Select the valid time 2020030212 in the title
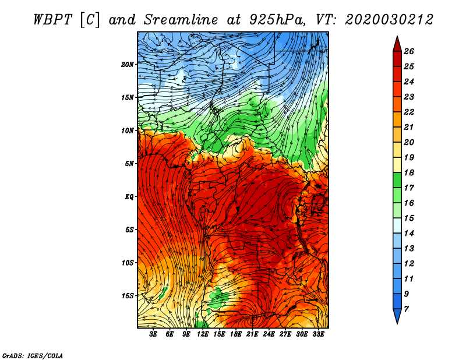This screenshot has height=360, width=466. (x=389, y=19)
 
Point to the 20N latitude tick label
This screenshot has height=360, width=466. (x=128, y=64)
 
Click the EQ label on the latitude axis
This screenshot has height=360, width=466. (x=129, y=196)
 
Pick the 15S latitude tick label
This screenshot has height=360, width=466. (x=128, y=295)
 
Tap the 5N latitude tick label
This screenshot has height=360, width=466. (x=129, y=163)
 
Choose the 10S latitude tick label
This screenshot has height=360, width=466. (x=128, y=263)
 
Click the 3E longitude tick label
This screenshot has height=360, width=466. (x=154, y=334)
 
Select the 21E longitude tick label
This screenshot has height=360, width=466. (x=252, y=334)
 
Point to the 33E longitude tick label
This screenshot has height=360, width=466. (x=318, y=334)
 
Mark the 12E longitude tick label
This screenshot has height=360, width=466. (x=203, y=334)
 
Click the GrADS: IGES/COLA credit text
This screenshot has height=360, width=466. (x=33, y=355)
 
